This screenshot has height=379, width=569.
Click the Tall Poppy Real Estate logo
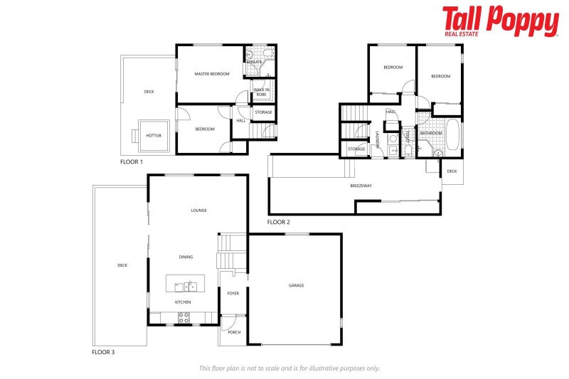(x=500, y=21)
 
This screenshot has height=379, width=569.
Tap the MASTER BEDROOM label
(x=212, y=74)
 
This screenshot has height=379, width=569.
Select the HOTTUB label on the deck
(x=153, y=135)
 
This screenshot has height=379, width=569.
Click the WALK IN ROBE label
(x=262, y=92)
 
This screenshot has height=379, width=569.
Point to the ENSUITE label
(x=254, y=62)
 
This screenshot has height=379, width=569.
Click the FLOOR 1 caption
(x=132, y=162)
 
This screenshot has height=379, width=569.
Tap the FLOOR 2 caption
(x=278, y=223)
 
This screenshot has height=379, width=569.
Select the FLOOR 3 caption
(x=103, y=352)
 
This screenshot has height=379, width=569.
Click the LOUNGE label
(x=198, y=210)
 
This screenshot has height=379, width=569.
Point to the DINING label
(x=186, y=257)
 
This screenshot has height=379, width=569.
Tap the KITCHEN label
(x=183, y=301)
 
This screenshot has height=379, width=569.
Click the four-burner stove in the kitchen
(x=184, y=317)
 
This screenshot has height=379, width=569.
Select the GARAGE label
(x=296, y=285)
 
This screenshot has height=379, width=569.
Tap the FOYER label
(x=233, y=293)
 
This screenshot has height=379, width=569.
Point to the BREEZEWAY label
(x=361, y=186)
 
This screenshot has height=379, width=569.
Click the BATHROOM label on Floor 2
(x=431, y=133)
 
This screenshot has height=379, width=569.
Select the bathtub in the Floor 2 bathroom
(x=452, y=137)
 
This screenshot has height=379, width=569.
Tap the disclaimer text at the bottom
(x=289, y=368)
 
